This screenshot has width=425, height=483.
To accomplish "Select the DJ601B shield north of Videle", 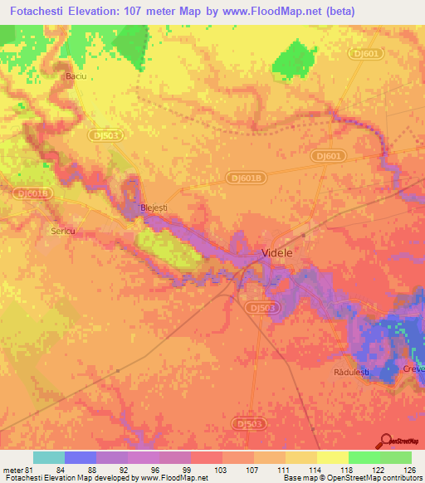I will point(246,177).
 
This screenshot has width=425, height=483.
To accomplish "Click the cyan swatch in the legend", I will point(49,457).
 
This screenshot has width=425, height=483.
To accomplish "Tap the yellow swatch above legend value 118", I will point(332,457).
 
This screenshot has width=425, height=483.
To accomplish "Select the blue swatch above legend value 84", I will point(81,457).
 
